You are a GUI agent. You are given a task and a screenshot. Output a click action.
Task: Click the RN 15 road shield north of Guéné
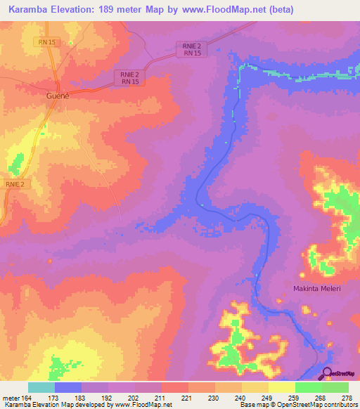point(47,42)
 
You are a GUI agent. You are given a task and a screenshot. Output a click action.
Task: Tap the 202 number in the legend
point(134,398)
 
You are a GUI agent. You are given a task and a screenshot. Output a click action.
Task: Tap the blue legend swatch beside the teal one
point(68,387)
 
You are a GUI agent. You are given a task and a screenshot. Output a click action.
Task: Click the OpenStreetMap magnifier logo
point(326,373)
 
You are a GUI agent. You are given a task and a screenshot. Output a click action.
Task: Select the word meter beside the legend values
point(12,398)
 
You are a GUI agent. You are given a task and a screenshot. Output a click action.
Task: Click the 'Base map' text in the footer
point(250,405)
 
